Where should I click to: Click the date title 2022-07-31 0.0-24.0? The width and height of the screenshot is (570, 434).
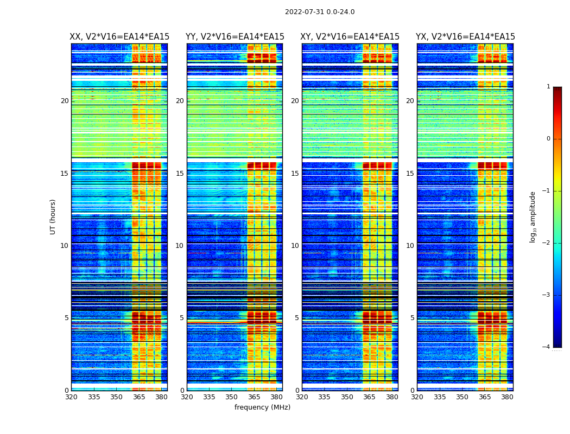(x=320, y=12)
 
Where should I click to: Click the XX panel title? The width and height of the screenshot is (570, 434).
(x=119, y=37)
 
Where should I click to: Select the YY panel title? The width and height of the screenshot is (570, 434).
(x=235, y=37)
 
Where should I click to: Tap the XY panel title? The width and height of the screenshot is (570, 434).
(x=350, y=37)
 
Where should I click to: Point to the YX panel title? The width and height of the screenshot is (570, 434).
(x=465, y=37)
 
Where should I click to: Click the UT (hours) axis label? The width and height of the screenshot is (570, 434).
(x=53, y=216)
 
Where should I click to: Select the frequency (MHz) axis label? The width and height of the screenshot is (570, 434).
(x=262, y=407)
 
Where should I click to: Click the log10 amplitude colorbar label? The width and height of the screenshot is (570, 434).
(x=533, y=216)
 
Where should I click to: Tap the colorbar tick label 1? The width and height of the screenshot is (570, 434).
(x=548, y=87)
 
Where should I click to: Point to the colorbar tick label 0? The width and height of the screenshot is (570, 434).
(x=548, y=139)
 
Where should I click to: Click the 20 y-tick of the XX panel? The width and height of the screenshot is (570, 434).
(x=65, y=101)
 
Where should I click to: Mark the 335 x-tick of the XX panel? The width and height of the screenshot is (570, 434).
(x=94, y=397)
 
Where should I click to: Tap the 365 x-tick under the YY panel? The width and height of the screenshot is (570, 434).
(x=254, y=397)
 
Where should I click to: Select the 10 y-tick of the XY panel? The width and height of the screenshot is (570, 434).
(x=295, y=246)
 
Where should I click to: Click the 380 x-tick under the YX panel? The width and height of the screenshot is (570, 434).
(x=507, y=397)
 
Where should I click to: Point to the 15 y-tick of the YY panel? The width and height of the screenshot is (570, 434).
(x=180, y=174)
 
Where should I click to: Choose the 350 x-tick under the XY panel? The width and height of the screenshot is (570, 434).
(x=347, y=397)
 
